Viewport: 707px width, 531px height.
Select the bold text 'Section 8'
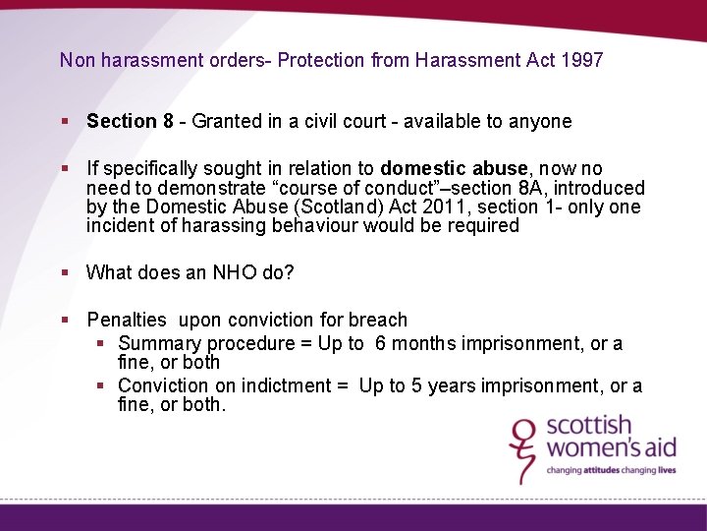pyautogui.click(x=130, y=122)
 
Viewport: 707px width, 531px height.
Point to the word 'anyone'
pyautogui.click(x=541, y=122)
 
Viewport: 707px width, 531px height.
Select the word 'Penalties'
pyautogui.click(x=127, y=320)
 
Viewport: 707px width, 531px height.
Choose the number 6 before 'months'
pyautogui.click(x=380, y=343)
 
